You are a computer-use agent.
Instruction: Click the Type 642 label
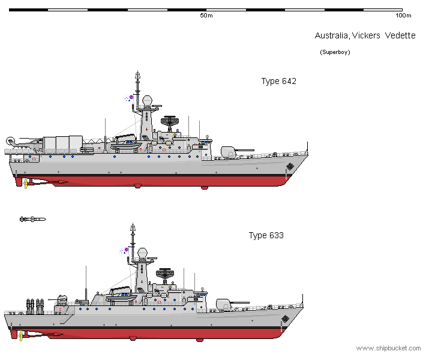(x=278, y=82)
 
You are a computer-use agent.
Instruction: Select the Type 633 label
(x=266, y=235)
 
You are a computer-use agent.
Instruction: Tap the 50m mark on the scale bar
(x=206, y=16)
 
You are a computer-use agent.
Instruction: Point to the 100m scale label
(x=403, y=16)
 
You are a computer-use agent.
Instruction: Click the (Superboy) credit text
(x=335, y=52)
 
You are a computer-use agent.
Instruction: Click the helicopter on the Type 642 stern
(x=24, y=143)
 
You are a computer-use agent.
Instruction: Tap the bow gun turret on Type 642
(x=230, y=152)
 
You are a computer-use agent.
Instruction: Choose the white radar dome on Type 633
(x=142, y=253)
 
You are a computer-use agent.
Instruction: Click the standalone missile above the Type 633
(x=32, y=220)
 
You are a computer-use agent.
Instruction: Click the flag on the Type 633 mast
(x=128, y=248)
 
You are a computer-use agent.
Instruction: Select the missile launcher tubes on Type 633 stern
(x=34, y=305)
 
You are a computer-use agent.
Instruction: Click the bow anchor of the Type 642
(x=290, y=166)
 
